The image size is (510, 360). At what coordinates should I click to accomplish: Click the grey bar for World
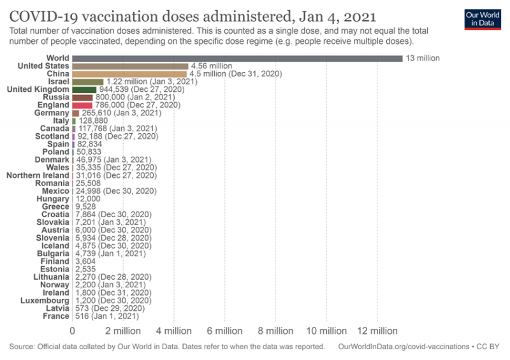tap(237, 58)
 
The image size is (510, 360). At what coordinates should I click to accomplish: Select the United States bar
tap(130, 66)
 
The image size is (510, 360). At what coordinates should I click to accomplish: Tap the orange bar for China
tap(129, 74)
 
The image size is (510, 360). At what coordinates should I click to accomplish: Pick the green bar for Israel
tap(88, 82)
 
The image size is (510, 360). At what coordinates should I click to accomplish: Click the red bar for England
tap(82, 105)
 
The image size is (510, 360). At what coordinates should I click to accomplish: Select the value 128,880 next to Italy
tap(94, 120)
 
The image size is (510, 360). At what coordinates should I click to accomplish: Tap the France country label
tap(56, 316)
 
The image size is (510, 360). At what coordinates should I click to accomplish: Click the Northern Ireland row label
tap(38, 175)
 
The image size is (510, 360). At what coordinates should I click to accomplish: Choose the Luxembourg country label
tap(45, 300)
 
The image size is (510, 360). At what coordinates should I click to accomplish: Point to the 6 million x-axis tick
tap(224, 331)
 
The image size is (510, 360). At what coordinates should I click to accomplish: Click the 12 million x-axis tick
tap(376, 331)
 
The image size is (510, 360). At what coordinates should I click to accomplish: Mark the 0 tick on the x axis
tap(73, 331)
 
